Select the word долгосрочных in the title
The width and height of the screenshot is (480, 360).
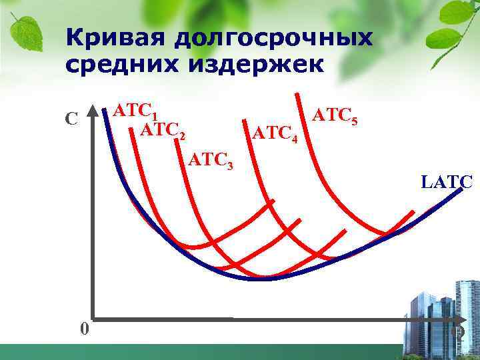click(273, 39)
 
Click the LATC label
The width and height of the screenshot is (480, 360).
click(447, 181)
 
